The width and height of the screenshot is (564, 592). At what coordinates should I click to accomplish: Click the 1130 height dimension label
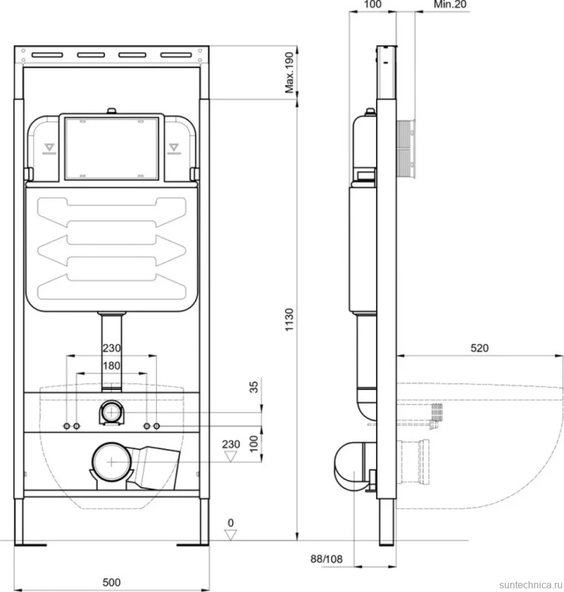pos(289,320)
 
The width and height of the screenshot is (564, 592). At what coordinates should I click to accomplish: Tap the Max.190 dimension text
pos(289,73)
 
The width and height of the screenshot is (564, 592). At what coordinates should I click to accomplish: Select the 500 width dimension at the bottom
pos(111,582)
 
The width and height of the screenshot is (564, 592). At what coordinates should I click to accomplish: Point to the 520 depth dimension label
pos(479,348)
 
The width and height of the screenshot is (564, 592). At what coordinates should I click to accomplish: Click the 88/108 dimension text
pos(326,559)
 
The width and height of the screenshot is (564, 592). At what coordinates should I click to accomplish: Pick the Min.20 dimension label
pos(450,4)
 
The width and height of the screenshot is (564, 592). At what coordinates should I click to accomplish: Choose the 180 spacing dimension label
pos(112,366)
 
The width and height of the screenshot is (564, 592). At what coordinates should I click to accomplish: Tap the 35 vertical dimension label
pos(254,386)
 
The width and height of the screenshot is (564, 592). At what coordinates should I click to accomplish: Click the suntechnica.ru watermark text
pos(531,585)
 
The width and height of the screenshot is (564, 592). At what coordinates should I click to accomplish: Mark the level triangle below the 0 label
pos(231,535)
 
